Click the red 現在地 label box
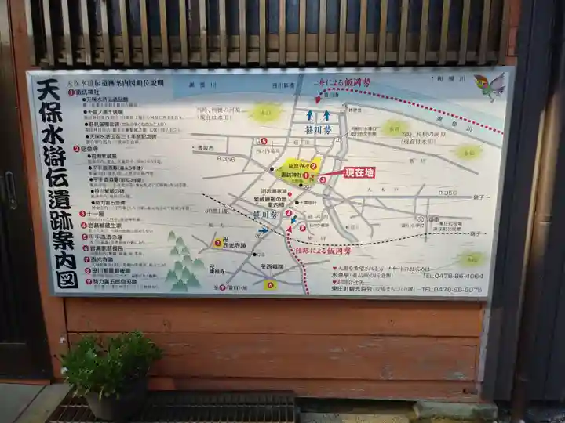point(358,172)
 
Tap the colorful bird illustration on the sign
point(490,86)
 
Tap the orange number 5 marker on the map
point(263,142)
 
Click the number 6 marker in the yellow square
point(270,285)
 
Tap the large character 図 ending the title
point(66,277)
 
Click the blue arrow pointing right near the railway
point(263,230)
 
